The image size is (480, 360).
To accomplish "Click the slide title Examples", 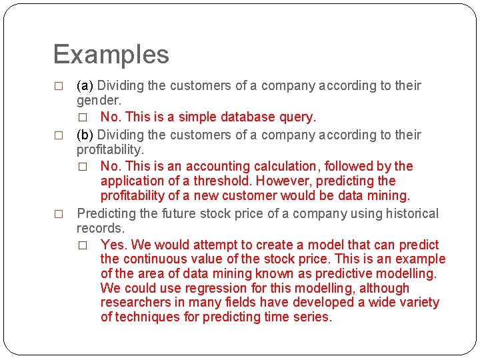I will (111, 55).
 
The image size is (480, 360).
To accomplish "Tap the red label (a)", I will (85, 85).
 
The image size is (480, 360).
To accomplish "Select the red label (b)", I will (85, 135).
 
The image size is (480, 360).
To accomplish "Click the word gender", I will (98, 100).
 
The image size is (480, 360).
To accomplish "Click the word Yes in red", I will (112, 245).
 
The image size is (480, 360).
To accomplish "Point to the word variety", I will (419, 303).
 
